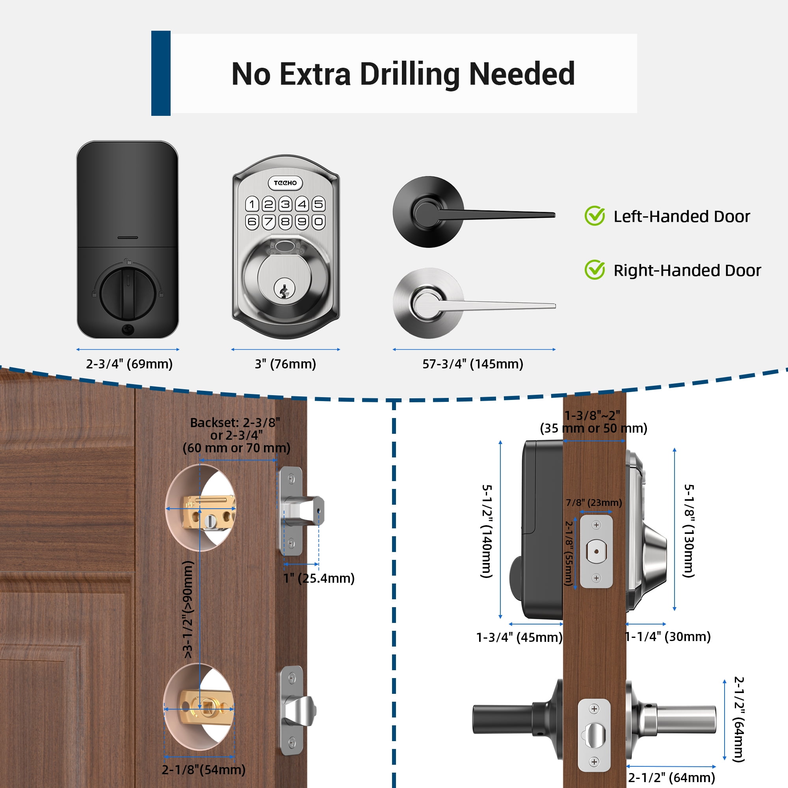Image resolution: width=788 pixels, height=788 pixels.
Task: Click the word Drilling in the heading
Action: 409,74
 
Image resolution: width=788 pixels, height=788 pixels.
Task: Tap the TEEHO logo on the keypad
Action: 285,183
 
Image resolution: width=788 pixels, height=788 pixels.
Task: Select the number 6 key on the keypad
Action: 252,221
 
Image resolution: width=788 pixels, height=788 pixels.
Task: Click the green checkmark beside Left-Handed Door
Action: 594,216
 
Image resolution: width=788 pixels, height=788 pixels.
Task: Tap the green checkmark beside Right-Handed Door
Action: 594,270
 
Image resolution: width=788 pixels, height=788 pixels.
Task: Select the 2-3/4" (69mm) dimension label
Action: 129,363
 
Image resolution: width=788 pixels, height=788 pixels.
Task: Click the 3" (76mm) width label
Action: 285,363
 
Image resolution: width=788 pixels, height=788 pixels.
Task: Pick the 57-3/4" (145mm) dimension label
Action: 472,363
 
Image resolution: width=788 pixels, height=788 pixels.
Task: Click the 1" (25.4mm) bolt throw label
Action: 319,578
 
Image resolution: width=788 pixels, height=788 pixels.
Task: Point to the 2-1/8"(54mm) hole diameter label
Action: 204,769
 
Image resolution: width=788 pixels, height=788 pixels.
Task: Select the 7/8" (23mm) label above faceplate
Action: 593,502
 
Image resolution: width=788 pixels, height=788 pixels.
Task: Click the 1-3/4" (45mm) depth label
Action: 519,637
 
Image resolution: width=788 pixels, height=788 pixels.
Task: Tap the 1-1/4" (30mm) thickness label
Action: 668,636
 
